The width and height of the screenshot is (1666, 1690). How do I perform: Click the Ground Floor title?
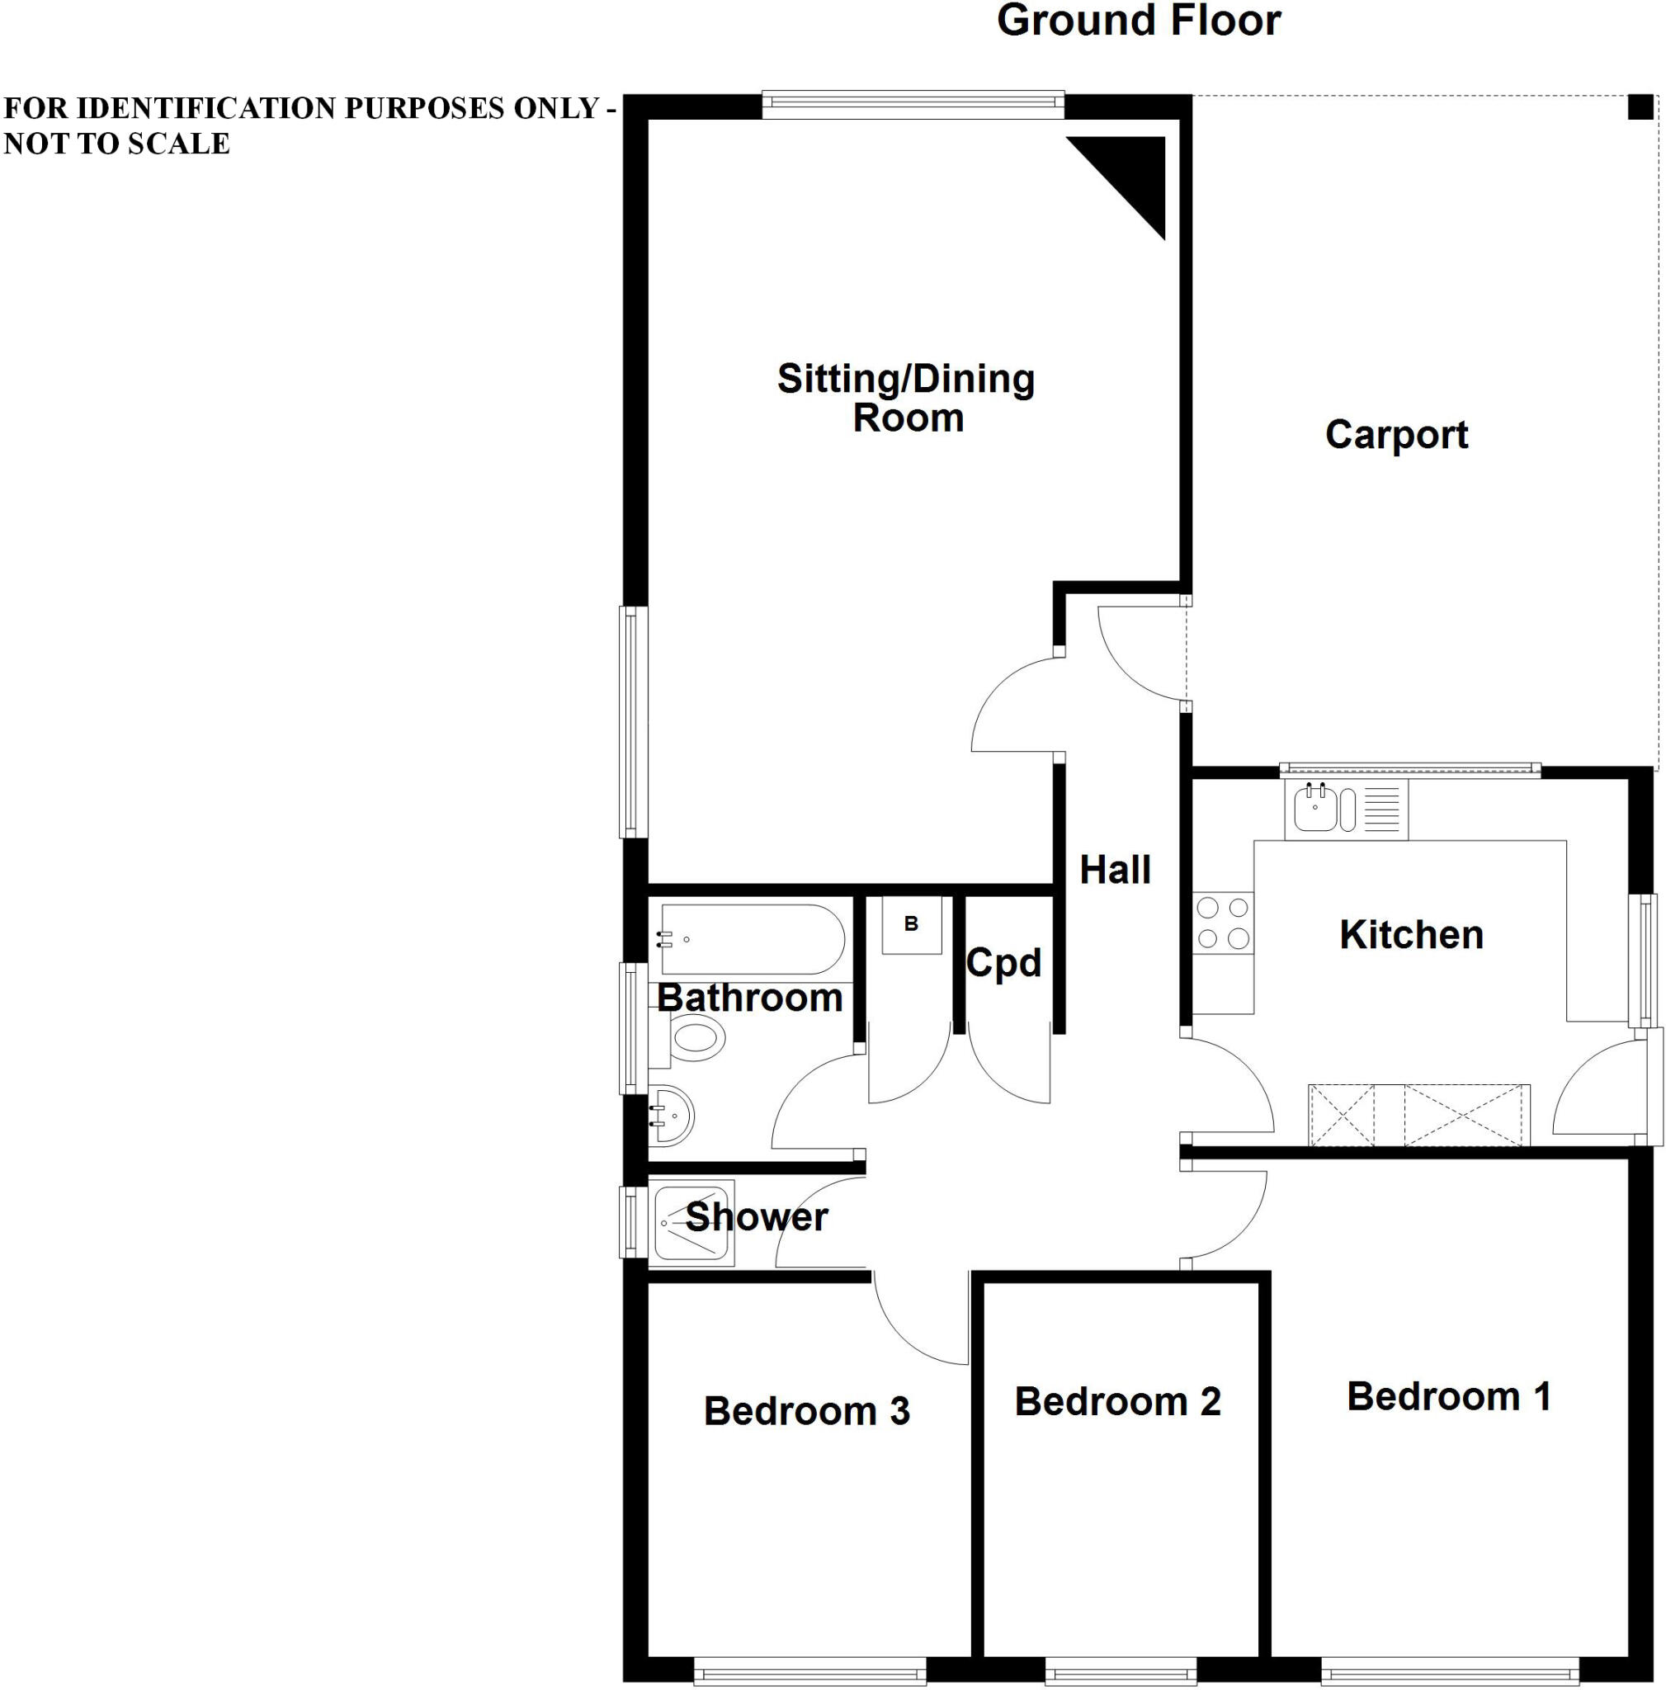click(1138, 21)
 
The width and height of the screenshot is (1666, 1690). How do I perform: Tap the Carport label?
click(1396, 435)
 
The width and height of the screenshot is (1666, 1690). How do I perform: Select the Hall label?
click(1114, 870)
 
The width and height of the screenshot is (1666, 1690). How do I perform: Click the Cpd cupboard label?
click(1003, 963)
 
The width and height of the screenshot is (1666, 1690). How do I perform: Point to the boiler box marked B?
click(910, 923)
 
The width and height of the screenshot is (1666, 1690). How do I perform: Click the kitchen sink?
click(1315, 807)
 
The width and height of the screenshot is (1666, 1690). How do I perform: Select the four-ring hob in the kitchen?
click(1223, 923)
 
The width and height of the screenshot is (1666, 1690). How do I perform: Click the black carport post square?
click(1640, 107)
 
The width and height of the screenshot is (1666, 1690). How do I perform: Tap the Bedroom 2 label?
click(1116, 1401)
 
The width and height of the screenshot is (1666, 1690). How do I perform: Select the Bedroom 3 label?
click(806, 1411)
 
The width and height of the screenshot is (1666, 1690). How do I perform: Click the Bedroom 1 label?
click(1448, 1396)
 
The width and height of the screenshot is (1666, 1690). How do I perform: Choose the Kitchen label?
click(1411, 935)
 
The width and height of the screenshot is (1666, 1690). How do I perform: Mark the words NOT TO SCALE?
click(117, 144)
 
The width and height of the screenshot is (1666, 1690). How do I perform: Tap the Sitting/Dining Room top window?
click(912, 105)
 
